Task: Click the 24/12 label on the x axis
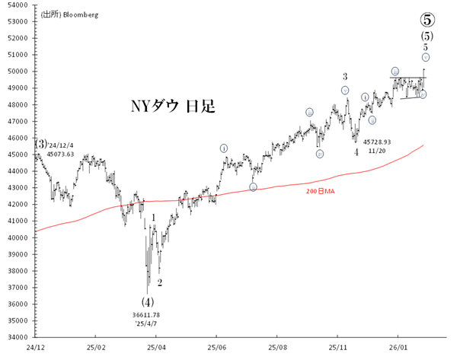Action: point(34,346)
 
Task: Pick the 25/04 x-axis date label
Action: point(156,346)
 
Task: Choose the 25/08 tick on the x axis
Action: point(278,346)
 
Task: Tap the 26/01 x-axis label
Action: point(399,346)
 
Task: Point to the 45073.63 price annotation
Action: point(60,154)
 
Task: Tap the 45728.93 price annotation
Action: point(377,142)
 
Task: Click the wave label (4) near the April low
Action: point(147,301)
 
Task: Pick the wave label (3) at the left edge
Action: point(40,143)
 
